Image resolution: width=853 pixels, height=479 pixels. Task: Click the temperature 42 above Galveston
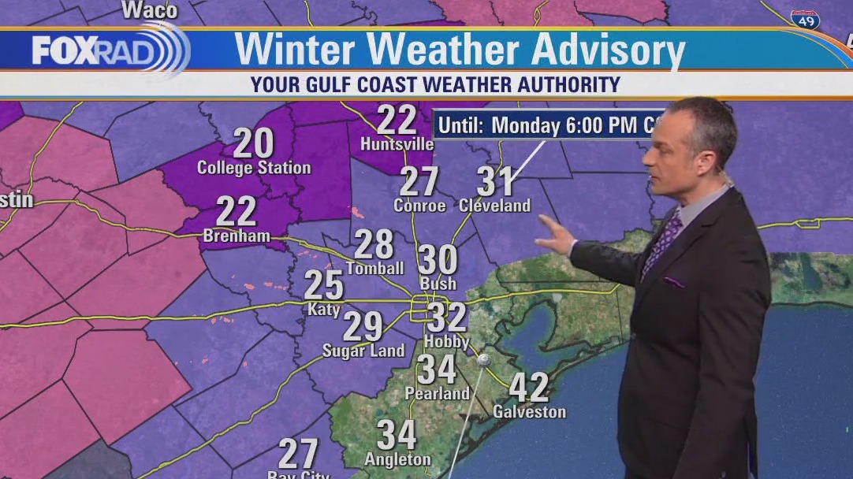tap(528, 387)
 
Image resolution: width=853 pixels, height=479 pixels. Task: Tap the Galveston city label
tap(529, 411)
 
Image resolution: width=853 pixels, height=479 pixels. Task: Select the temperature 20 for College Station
tap(253, 144)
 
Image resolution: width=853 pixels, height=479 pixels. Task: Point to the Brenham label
tap(237, 236)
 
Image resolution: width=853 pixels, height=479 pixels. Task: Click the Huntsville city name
tap(397, 144)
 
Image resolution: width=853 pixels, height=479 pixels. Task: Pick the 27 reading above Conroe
tap(419, 182)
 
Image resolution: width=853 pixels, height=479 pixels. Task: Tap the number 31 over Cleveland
tap(496, 182)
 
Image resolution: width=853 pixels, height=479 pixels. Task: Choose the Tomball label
tap(374, 268)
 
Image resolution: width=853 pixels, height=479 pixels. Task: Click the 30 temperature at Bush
tap(438, 259)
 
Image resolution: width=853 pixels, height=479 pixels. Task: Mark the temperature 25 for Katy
tap(323, 285)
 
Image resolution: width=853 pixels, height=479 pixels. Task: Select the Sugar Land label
tap(363, 351)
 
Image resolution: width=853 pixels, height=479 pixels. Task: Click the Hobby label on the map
tap(447, 341)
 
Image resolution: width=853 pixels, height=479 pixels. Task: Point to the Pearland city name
tap(437, 392)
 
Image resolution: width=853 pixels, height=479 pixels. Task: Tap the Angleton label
tap(397, 459)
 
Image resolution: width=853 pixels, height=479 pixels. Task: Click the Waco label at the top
tap(150, 10)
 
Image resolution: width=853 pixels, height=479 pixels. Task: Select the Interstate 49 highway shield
tap(805, 20)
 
